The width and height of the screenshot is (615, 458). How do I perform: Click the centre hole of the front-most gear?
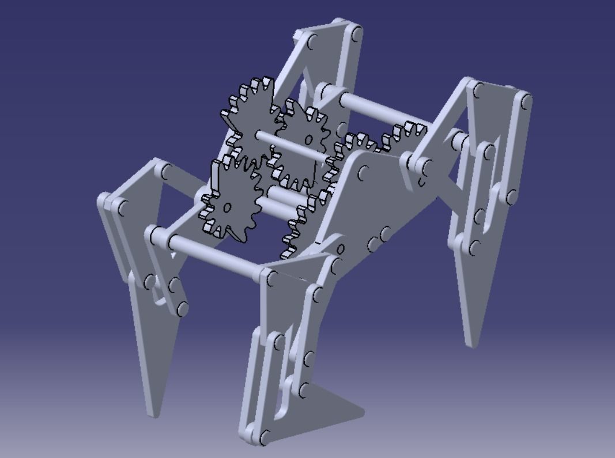227,207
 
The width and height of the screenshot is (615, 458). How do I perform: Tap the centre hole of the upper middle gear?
309,139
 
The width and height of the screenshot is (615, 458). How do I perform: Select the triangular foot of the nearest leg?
334,403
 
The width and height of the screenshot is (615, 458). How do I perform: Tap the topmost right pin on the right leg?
525,103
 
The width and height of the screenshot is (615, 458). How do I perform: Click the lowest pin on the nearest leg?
265,436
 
